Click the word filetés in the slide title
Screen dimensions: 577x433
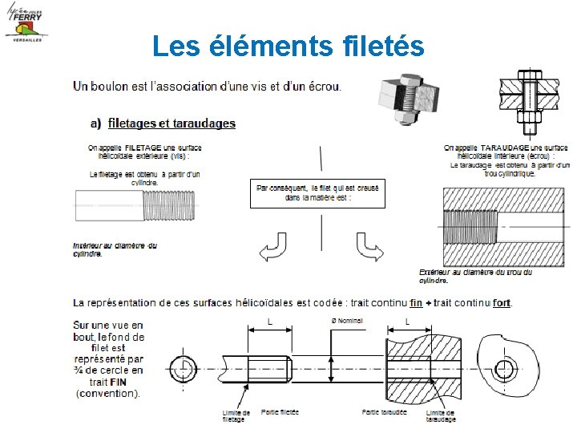pos(377,46)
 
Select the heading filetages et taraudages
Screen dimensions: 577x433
pos(171,123)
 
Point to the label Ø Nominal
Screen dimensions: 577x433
pos(347,321)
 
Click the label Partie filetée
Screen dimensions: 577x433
pos(280,412)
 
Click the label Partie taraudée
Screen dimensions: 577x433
pos(384,412)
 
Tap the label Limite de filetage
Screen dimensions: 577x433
pos(236,415)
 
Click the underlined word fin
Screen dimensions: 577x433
pos(416,302)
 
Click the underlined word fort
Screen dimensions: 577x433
pos(502,302)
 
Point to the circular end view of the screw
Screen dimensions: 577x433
pos(184,369)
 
